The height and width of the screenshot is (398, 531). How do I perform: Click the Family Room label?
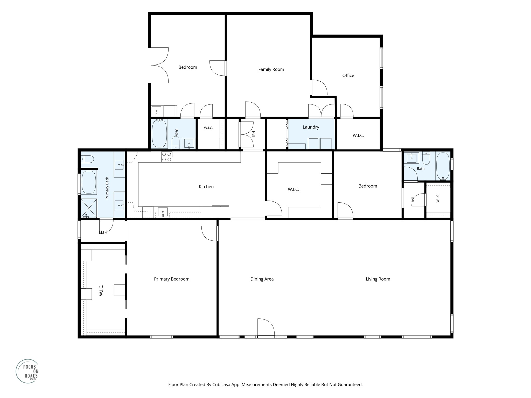pyautogui.click(x=271, y=69)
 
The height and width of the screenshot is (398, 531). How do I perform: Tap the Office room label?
pyautogui.click(x=348, y=75)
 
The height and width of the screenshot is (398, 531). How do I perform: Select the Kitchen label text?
pyautogui.click(x=206, y=187)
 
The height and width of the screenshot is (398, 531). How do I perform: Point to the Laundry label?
pyautogui.click(x=311, y=127)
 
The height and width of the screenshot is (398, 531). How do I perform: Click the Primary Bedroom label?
pyautogui.click(x=172, y=279)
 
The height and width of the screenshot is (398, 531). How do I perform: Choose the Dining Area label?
pyautogui.click(x=262, y=279)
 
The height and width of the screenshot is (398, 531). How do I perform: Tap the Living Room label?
pyautogui.click(x=378, y=279)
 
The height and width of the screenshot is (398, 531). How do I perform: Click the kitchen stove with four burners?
pyautogui.click(x=166, y=157)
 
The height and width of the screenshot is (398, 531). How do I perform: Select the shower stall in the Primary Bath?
pyautogui.click(x=89, y=208)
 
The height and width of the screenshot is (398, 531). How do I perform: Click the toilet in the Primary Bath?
pyautogui.click(x=87, y=159)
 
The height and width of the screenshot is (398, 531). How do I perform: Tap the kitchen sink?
pyautogui.click(x=163, y=212)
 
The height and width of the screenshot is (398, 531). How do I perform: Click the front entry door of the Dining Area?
pyautogui.click(x=266, y=328)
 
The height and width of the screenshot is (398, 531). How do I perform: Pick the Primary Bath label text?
pyautogui.click(x=107, y=188)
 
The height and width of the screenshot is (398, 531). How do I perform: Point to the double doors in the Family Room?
pyautogui.click(x=321, y=111)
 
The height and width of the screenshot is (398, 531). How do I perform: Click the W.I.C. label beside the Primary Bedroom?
pyautogui.click(x=101, y=290)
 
